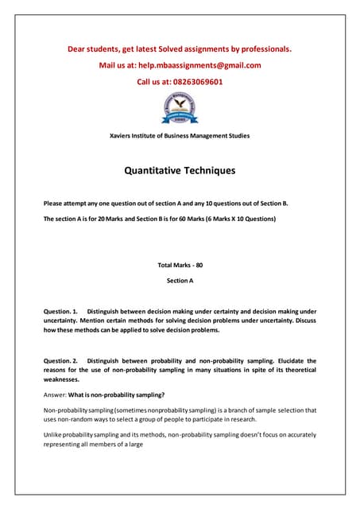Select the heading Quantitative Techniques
coord(180,170)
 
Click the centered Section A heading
coord(180,281)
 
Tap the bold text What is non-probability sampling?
coord(117,395)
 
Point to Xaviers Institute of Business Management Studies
coord(180,135)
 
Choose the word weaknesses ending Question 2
coord(64,380)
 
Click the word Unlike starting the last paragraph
coord(53,435)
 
